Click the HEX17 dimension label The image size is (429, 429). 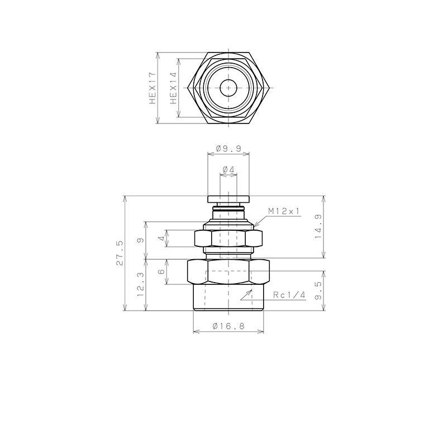tap(152, 88)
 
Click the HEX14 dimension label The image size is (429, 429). tap(174, 88)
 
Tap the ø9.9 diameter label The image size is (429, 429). tap(228, 149)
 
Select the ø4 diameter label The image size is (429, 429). tap(228, 169)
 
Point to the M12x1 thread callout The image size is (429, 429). tap(284, 211)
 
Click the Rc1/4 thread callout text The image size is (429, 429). tap(289, 295)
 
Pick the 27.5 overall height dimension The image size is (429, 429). tap(120, 253)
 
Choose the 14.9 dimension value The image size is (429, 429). tap(318, 226)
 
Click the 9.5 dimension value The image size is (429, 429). tap(318, 291)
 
